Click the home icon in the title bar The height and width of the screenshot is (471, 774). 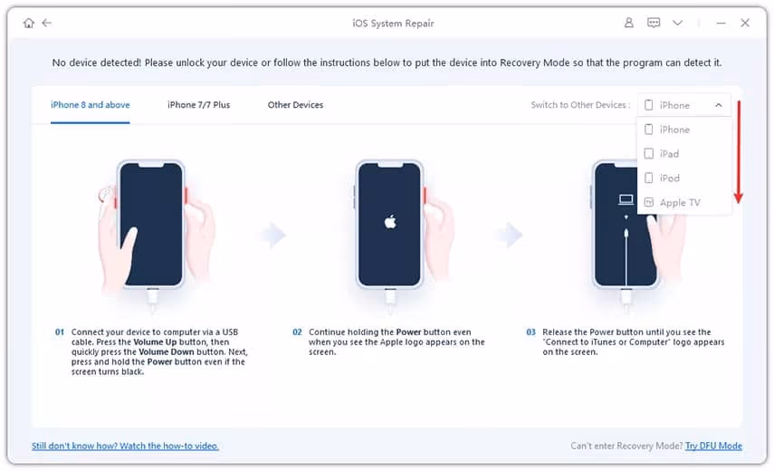[x=29, y=23]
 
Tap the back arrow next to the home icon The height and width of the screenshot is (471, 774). [x=47, y=23]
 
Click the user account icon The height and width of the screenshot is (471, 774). [x=628, y=23]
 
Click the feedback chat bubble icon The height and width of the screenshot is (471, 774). [x=654, y=23]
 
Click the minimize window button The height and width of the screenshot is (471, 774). [x=721, y=24]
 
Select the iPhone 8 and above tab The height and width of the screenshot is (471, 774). [x=91, y=105]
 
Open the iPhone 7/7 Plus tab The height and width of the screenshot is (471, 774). [x=198, y=105]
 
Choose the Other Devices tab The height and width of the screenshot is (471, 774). [x=295, y=105]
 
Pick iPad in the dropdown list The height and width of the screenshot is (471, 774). [x=669, y=154]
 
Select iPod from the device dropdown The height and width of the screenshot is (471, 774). [x=669, y=178]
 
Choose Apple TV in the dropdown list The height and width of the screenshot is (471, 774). [x=680, y=202]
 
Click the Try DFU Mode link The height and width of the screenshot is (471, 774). [x=713, y=446]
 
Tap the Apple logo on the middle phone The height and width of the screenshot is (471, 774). [x=390, y=222]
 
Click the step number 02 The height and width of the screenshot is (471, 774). [x=297, y=332]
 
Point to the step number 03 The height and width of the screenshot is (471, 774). [x=530, y=332]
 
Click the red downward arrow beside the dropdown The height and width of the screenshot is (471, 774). [x=739, y=152]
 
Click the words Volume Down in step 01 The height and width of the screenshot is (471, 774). [x=167, y=352]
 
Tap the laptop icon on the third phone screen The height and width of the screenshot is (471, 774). [x=626, y=199]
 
